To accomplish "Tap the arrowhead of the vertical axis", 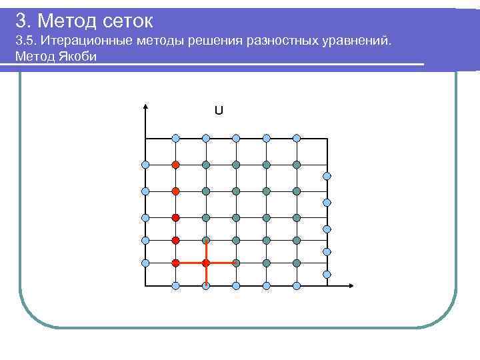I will pos(145,106).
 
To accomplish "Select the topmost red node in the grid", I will pos(175,164).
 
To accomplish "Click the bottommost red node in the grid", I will pos(175,263).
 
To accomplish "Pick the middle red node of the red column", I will pos(175,217).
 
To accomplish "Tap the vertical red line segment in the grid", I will pos(206,263).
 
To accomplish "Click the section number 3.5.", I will pos(27,43).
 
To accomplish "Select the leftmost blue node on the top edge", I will pos(175,138).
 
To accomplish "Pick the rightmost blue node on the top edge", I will pos(297,138).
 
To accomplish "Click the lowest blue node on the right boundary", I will pos(327,274).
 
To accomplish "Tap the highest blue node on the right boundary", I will pos(327,176).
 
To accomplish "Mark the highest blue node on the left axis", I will pos(145,164).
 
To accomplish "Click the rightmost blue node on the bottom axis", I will pos(297,286).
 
